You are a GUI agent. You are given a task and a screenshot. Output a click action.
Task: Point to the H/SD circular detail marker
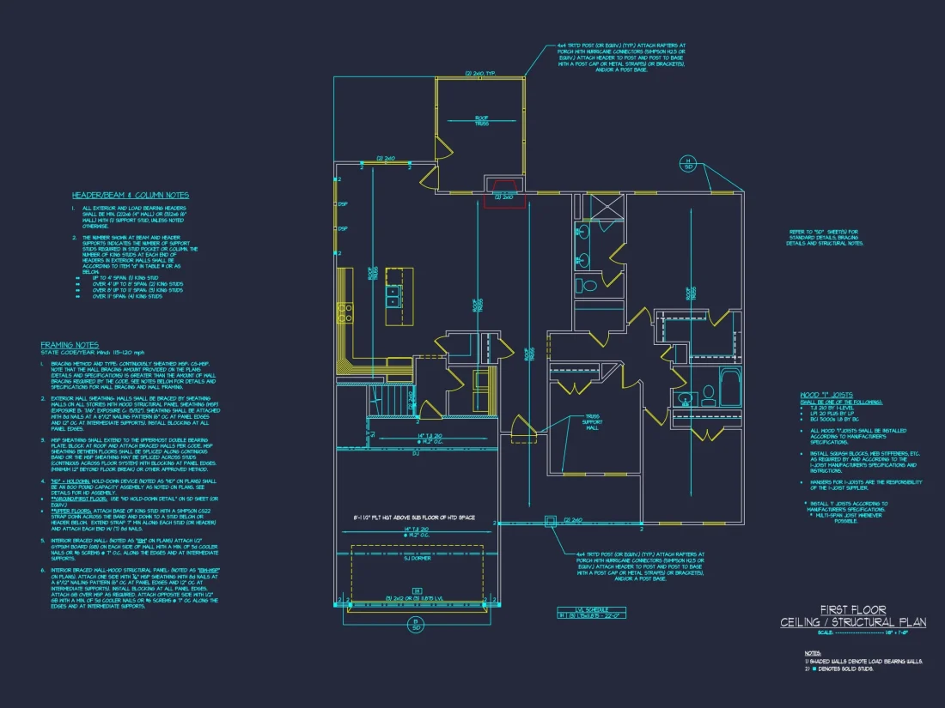click(687, 163)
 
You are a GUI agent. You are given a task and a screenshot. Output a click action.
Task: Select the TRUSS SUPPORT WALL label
click(593, 425)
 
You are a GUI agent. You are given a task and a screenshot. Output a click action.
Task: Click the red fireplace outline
click(503, 191)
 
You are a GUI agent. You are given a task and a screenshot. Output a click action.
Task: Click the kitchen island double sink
click(393, 296)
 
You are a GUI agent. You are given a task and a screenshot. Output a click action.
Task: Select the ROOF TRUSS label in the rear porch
click(481, 121)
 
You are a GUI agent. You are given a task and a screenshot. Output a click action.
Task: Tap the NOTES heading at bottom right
click(812, 652)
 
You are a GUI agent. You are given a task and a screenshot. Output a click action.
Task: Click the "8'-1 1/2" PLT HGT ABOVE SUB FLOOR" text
click(414, 518)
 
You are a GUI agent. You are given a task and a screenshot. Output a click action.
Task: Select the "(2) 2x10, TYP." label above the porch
click(480, 74)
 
